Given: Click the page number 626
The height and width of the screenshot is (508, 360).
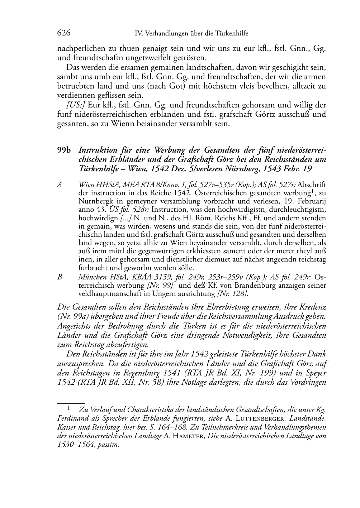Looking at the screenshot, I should point(63,34).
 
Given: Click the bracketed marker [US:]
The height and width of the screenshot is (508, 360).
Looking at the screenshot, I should point(74,105).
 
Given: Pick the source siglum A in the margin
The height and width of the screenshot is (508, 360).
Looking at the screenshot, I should point(60,185).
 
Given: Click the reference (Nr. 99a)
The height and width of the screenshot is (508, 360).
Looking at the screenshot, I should point(73,317).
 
